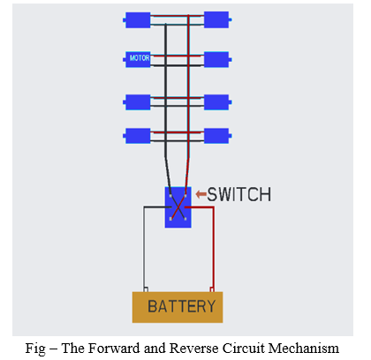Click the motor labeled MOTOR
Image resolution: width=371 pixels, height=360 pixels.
point(137,59)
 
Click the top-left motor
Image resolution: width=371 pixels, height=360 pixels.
point(137,20)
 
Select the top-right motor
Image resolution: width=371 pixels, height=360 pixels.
point(217,19)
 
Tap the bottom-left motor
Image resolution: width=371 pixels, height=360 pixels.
point(137,136)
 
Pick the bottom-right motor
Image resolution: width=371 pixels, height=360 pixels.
point(217,136)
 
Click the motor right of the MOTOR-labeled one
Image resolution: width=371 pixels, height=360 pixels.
point(217,59)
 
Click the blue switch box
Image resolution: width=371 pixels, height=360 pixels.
point(178,207)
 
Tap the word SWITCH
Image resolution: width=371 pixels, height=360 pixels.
point(238,194)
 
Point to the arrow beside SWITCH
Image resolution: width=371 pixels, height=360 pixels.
point(201,194)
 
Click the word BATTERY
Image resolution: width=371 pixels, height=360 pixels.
point(182,306)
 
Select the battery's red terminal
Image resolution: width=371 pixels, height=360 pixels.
point(212,289)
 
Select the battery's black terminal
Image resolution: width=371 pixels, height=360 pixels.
point(146,289)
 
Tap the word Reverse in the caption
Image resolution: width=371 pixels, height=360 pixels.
point(194,349)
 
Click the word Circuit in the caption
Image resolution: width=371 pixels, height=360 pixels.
point(244,349)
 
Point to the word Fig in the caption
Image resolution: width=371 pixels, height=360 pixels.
point(35,349)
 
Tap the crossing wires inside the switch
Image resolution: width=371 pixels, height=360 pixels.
point(178,207)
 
